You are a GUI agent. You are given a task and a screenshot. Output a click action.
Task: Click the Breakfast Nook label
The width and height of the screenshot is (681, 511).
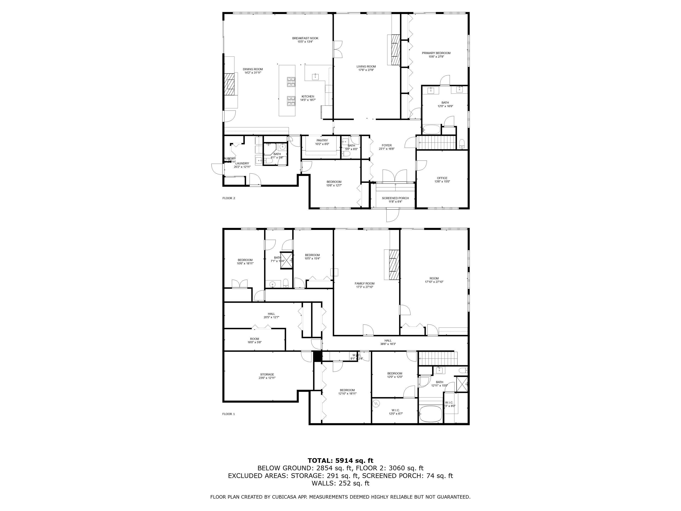[305, 38]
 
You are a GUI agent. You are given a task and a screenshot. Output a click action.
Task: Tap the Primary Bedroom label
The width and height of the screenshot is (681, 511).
[436, 53]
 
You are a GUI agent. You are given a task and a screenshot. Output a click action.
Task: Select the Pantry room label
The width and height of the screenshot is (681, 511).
[322, 140]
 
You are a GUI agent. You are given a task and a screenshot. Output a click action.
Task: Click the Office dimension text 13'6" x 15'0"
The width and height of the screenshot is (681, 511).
[442, 181]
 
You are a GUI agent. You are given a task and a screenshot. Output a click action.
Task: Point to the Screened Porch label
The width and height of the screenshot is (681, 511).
[395, 198]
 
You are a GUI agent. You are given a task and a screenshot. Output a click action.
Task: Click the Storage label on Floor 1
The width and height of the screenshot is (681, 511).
[267, 375]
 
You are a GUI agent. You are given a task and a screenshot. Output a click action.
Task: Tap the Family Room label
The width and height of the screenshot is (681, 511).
[365, 283]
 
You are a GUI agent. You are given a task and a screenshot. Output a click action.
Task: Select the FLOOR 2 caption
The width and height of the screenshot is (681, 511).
[229, 198]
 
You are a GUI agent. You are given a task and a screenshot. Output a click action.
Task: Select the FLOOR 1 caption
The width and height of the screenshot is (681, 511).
[228, 414]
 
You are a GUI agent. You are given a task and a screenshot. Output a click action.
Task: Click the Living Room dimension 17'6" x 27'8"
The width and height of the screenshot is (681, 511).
[366, 70]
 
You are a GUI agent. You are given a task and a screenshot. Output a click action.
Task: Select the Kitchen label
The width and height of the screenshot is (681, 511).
[308, 97]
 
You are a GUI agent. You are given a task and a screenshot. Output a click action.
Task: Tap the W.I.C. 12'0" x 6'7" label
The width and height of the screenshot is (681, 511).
[396, 412]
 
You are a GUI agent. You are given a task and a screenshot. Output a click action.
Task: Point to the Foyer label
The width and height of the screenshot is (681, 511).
[387, 145]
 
